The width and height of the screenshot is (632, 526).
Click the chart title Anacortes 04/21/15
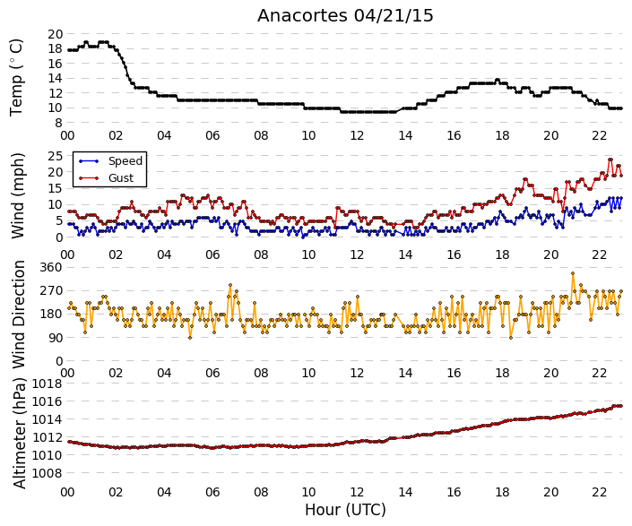click(345, 16)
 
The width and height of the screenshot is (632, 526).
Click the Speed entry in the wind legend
click(126, 161)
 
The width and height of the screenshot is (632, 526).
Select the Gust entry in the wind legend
click(121, 178)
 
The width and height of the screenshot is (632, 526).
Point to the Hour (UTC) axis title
click(345, 510)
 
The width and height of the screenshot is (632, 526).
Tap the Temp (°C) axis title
click(16, 78)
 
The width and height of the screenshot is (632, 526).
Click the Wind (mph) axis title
click(18, 195)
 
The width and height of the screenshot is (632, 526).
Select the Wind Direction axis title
click(19, 315)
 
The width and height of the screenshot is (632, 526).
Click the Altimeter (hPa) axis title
click(19, 434)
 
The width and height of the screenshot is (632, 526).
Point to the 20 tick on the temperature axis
click(56, 34)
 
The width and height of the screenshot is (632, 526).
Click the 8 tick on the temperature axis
click(59, 123)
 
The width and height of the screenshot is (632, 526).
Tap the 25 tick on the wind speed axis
click(56, 156)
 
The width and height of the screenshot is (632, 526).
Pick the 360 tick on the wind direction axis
click(51, 267)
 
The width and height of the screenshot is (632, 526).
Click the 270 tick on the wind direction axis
click(51, 291)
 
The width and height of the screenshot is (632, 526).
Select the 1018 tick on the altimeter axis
click(48, 384)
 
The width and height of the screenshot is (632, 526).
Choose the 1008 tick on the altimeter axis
click(48, 473)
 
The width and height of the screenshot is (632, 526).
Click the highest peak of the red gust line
click(610, 160)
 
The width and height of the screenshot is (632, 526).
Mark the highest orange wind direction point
click(573, 273)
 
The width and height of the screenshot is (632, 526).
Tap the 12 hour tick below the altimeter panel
click(357, 493)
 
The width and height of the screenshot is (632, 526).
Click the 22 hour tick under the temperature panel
click(600, 135)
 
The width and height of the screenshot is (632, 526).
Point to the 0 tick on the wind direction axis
click(59, 361)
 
